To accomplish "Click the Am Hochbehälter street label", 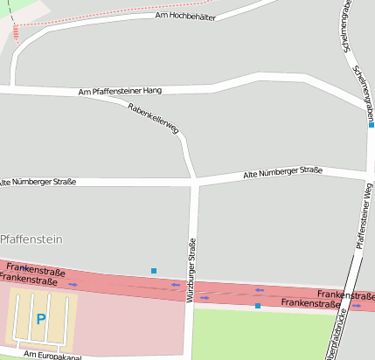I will (x=184, y=16).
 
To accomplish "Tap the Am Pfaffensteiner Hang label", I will (x=120, y=91).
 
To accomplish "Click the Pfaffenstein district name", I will (x=31, y=238).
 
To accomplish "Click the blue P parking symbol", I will (x=40, y=319).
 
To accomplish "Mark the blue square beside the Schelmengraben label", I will (x=372, y=125).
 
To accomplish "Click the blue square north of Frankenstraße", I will (x=154, y=271).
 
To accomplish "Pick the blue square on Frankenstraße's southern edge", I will (x=257, y=306).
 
